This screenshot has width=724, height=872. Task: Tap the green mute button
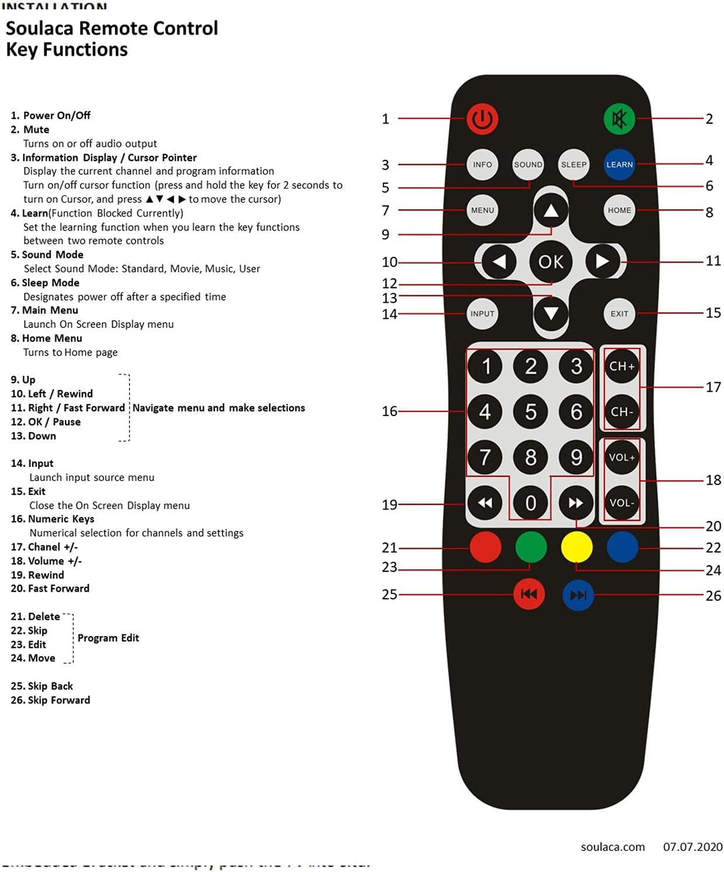(x=619, y=119)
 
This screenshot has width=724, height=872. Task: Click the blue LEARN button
(x=619, y=165)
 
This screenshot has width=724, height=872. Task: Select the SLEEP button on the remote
(x=573, y=165)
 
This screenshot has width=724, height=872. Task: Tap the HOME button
(x=619, y=210)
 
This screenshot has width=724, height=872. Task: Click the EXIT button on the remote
(x=619, y=313)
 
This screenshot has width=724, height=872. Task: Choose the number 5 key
(x=530, y=411)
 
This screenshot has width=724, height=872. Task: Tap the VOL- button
(x=621, y=503)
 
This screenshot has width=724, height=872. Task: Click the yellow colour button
(x=576, y=547)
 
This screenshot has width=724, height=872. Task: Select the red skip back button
(x=529, y=594)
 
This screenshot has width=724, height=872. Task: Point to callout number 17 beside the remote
(x=713, y=387)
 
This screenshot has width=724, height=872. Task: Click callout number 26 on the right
(x=713, y=595)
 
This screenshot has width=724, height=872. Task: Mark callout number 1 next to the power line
(x=385, y=119)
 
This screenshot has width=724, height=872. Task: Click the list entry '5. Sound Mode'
(x=47, y=254)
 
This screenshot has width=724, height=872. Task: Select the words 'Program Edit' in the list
(x=108, y=638)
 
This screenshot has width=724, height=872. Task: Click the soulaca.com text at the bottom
(x=612, y=846)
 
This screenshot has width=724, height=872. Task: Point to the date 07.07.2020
(x=692, y=846)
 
